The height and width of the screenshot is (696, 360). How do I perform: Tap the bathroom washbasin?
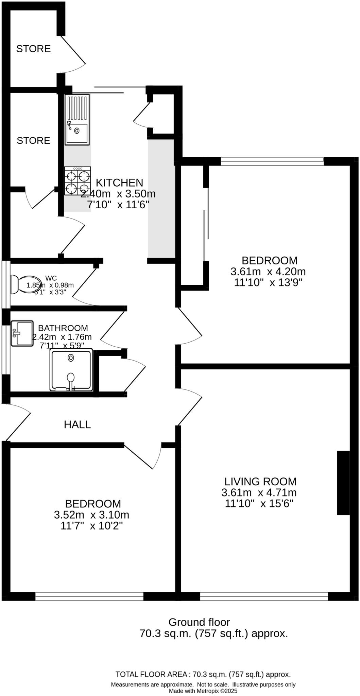click(x=22, y=333)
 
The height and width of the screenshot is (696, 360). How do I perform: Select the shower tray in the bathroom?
click(x=71, y=370)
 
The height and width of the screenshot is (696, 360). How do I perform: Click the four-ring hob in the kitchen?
click(x=78, y=181)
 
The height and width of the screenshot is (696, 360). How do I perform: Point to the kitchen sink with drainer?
click(x=77, y=120)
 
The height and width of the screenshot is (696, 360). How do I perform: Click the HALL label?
click(x=77, y=424)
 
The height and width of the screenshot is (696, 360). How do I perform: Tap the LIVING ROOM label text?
click(x=260, y=482)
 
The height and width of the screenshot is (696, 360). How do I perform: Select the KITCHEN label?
click(x=119, y=183)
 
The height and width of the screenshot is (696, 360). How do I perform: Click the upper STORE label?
click(x=33, y=49)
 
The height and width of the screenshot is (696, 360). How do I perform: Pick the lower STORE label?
click(x=33, y=141)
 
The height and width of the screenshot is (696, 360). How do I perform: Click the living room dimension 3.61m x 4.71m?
click(x=259, y=492)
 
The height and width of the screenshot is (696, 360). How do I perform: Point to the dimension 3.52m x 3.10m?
click(x=91, y=515)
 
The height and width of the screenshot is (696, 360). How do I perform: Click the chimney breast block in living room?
click(x=343, y=483)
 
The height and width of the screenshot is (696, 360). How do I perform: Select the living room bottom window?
click(x=264, y=596)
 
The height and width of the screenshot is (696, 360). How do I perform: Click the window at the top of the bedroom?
click(x=272, y=161)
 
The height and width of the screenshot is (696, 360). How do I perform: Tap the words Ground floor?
click(x=199, y=622)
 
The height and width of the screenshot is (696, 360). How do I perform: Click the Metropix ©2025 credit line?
click(x=203, y=691)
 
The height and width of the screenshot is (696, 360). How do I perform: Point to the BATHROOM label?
click(x=63, y=328)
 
